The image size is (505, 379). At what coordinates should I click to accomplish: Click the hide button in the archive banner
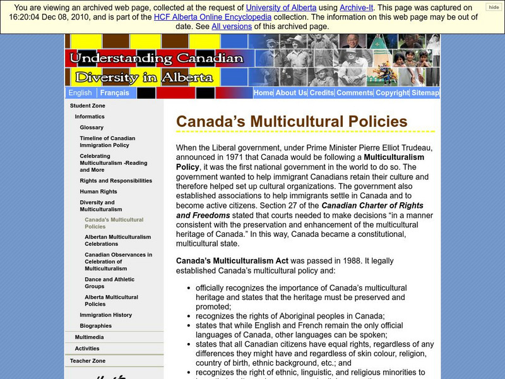[x=494, y=7]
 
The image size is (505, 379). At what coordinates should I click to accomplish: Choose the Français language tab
[x=114, y=93]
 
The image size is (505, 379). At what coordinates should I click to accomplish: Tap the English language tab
[x=80, y=93]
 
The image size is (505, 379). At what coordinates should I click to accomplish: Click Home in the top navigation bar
[x=263, y=93]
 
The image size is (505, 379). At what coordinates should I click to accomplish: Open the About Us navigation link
[x=291, y=93]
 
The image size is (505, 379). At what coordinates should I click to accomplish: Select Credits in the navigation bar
[x=321, y=93]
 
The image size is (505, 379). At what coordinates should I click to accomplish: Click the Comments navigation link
[x=354, y=93]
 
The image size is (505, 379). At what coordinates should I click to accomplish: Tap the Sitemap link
[x=425, y=93]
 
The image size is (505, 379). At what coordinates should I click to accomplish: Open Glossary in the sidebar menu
[x=92, y=128]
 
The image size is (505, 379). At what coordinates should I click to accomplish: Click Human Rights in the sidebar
[x=99, y=192]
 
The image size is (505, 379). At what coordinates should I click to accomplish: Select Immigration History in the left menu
[x=105, y=315]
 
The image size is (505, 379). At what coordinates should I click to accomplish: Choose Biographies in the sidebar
[x=95, y=326]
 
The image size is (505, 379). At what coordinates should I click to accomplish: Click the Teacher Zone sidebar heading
[x=87, y=360]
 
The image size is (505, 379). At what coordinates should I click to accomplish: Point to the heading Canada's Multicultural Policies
[x=291, y=121]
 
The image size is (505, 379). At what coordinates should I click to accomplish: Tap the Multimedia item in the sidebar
[x=89, y=337]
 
